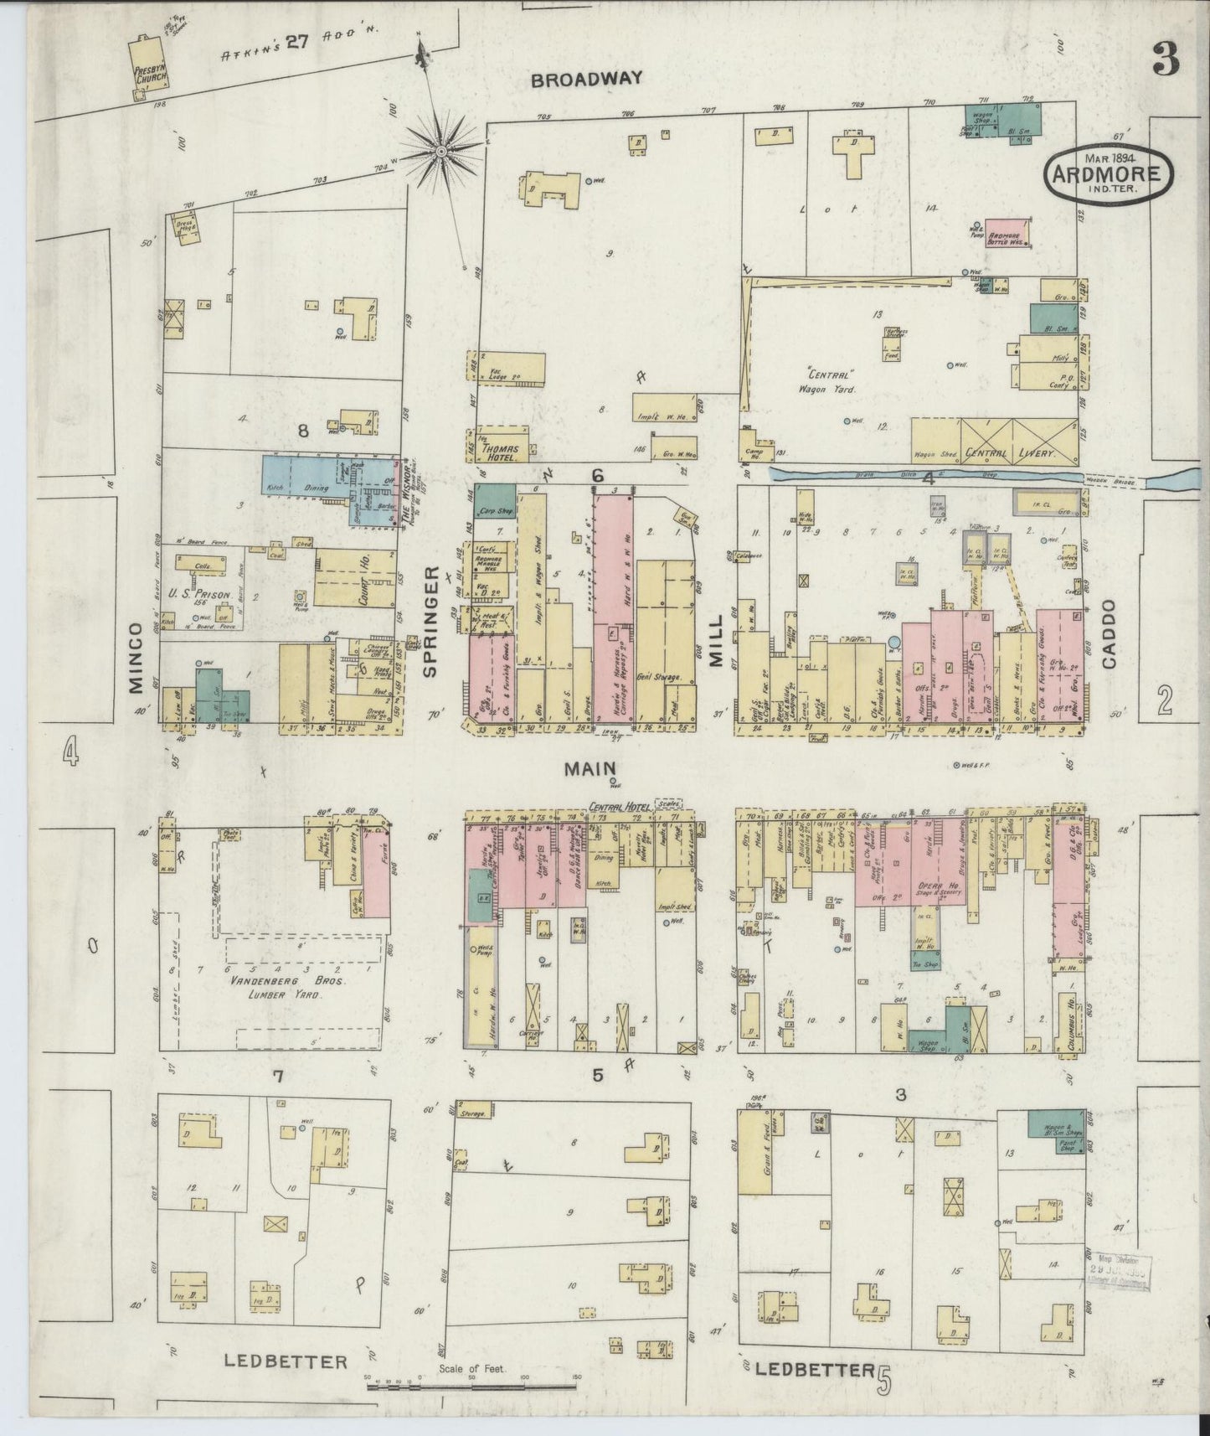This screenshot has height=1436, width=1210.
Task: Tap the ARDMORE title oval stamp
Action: (1107, 173)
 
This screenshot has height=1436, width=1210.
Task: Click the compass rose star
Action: (440, 152)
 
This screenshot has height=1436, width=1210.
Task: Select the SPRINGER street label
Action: (431, 621)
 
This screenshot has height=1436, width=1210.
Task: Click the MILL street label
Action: (717, 646)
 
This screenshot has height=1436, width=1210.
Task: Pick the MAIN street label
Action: (590, 767)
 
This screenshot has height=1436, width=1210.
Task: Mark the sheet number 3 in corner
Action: (1164, 58)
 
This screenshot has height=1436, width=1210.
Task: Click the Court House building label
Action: (365, 577)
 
